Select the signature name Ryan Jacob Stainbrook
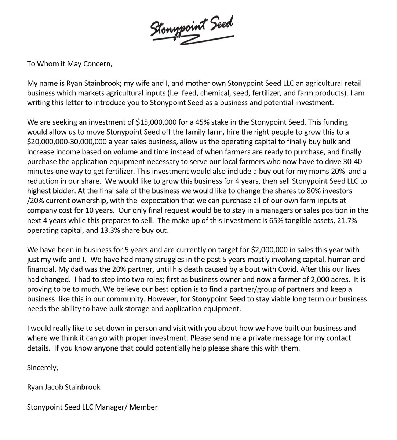point(63,387)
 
